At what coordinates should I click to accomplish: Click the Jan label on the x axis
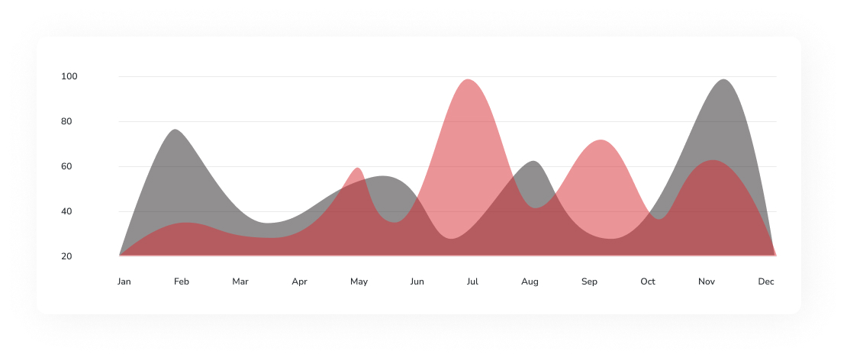pos(124,282)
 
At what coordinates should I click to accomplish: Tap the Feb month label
pos(182,282)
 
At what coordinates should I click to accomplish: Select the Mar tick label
pos(240,282)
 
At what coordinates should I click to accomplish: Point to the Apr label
pos(299,282)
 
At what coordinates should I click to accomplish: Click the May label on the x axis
pos(359,282)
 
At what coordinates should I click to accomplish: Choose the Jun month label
pos(417,282)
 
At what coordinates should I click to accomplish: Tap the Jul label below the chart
pos(472,282)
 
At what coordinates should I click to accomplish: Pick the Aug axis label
pos(530,282)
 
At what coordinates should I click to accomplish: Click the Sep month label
pos(589,282)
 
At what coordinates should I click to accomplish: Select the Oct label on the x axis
pos(648,282)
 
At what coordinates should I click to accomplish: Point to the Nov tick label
pos(707,282)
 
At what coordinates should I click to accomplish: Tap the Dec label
pos(766,282)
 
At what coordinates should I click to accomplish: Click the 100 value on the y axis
pos(70,76)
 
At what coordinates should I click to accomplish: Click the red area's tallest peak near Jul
pos(468,80)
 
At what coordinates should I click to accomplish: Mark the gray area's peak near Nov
pos(723,80)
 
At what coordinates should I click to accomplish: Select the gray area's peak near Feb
pos(176,130)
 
